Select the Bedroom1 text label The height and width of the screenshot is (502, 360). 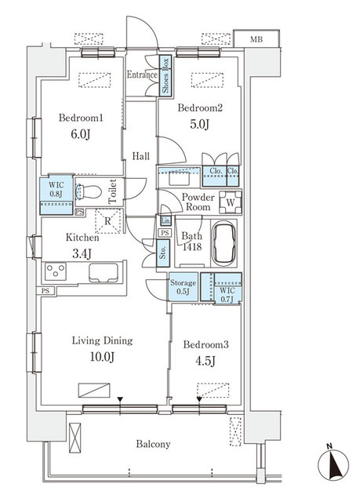(x=82, y=118)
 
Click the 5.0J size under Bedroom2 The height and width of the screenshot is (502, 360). (x=198, y=124)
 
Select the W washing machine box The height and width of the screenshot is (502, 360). (x=230, y=201)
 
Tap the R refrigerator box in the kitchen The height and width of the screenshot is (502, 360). (x=107, y=220)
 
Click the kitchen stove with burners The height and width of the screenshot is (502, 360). (x=56, y=272)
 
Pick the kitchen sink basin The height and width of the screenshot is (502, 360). (x=104, y=274)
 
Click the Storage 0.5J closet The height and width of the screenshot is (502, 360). (x=184, y=287)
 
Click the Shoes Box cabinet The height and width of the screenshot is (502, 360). (x=165, y=76)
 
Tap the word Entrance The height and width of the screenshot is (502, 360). (x=142, y=75)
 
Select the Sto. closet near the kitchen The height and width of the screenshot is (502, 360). (x=162, y=253)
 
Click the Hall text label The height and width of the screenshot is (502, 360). (x=141, y=156)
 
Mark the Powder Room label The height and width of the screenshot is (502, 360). (x=198, y=202)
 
